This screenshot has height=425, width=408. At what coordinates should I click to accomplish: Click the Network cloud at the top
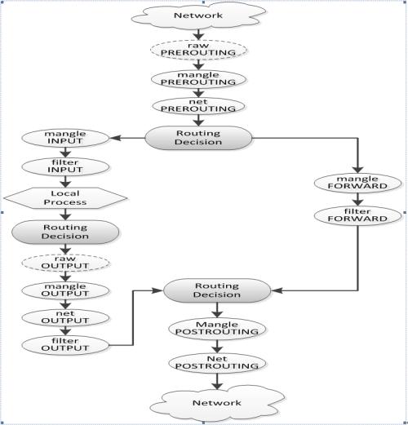click(x=198, y=15)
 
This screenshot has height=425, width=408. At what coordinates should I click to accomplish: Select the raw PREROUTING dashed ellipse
click(x=198, y=49)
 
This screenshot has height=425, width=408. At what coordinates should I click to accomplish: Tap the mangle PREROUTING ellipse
click(x=198, y=79)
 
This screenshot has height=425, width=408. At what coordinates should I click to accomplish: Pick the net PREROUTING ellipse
click(x=198, y=106)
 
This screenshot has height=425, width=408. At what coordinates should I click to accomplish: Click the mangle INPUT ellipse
click(x=65, y=138)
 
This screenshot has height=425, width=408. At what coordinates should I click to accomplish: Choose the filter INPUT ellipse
click(x=65, y=166)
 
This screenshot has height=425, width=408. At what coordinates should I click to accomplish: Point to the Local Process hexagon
click(x=65, y=198)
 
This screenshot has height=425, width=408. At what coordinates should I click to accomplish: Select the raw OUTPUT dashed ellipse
click(x=65, y=263)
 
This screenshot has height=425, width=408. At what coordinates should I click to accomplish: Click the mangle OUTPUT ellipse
click(x=65, y=290)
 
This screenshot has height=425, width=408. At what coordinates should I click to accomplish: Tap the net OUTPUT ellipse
click(x=65, y=317)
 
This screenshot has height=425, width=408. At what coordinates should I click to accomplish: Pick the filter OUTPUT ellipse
click(x=65, y=345)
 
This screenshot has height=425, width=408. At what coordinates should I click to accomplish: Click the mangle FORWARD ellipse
click(x=357, y=183)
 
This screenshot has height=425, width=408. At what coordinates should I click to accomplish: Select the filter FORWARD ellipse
click(x=357, y=215)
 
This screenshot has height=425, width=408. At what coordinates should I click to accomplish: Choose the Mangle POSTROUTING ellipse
click(x=217, y=329)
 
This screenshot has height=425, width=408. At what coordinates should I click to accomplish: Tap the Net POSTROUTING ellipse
click(x=217, y=363)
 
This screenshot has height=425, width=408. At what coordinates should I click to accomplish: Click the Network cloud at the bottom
click(x=217, y=403)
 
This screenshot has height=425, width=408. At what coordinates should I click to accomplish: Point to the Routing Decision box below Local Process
click(x=65, y=232)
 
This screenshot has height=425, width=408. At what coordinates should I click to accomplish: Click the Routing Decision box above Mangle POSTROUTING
click(x=217, y=290)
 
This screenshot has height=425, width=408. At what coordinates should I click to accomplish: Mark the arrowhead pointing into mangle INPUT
click(x=115, y=138)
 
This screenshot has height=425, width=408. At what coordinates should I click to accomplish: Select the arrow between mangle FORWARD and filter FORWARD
click(x=357, y=199)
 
